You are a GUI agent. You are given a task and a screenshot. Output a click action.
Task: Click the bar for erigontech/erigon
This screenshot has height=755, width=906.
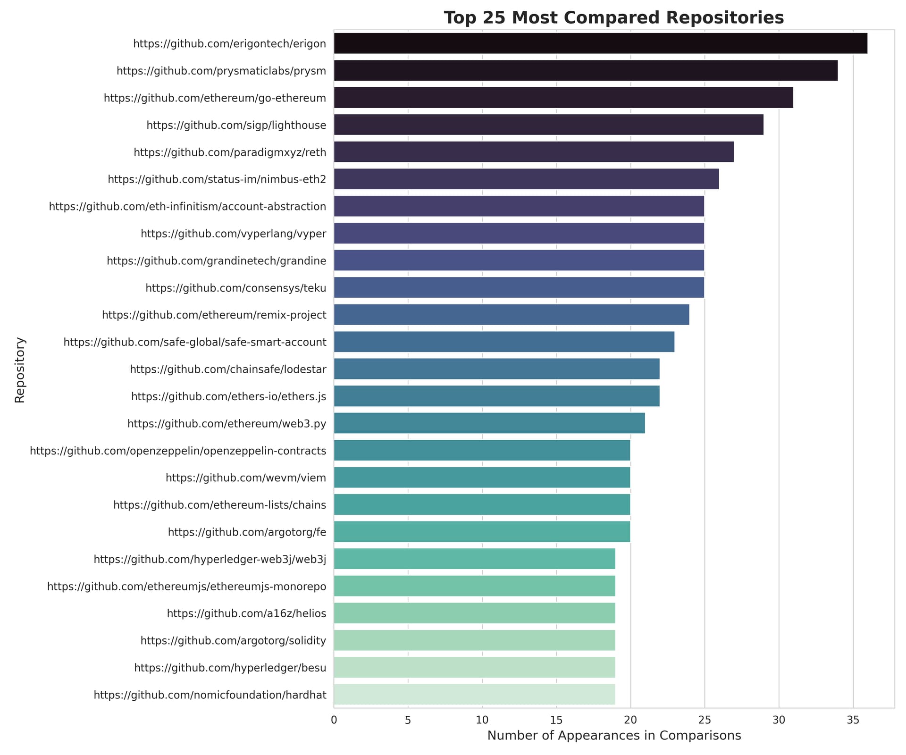pyautogui.click(x=600, y=43)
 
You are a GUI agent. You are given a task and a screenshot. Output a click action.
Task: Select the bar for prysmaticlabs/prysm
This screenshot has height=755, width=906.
pyautogui.click(x=586, y=70)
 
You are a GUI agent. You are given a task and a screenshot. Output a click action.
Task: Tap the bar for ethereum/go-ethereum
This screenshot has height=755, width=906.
pyautogui.click(x=563, y=98)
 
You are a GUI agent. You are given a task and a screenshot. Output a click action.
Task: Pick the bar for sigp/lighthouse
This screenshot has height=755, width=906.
pyautogui.click(x=548, y=125)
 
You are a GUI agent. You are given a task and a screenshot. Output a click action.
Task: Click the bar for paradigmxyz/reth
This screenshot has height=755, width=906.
pyautogui.click(x=534, y=152)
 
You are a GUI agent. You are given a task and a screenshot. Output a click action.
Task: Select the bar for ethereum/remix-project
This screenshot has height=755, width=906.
pyautogui.click(x=512, y=315)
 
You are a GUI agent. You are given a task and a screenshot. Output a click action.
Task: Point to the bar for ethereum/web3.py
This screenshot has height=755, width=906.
pyautogui.click(x=489, y=423)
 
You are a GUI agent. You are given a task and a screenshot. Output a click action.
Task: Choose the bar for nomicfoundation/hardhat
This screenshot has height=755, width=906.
pyautogui.click(x=474, y=695)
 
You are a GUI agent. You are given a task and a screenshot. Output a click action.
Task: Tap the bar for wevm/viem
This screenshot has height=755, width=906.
pyautogui.click(x=482, y=478)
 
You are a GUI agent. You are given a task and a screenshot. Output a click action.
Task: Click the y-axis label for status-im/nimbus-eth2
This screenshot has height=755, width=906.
pyautogui.click(x=217, y=179)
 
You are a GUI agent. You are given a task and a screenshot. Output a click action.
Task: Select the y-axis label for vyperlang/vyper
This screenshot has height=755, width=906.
pyautogui.click(x=234, y=234)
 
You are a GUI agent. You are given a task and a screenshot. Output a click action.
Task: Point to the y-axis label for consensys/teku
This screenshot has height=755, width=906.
pyautogui.click(x=236, y=288)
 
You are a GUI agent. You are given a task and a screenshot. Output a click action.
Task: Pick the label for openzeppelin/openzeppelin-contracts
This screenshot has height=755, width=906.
pyautogui.click(x=178, y=451)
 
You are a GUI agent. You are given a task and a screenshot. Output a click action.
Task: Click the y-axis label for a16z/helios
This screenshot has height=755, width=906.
pyautogui.click(x=246, y=613)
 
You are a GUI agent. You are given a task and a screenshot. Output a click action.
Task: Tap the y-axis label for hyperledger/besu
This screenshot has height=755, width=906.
pyautogui.click(x=230, y=668)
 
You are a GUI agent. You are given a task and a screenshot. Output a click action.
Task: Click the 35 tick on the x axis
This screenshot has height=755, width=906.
pyautogui.click(x=853, y=721)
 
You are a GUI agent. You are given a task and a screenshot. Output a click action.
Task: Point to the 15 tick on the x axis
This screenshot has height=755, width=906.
pyautogui.click(x=556, y=721)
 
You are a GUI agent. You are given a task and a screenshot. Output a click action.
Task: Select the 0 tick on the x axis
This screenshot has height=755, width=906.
pyautogui.click(x=334, y=721)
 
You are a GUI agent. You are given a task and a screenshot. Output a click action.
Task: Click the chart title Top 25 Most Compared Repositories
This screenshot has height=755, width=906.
pyautogui.click(x=614, y=18)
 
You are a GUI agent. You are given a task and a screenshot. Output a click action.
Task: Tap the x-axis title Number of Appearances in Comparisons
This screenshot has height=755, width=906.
pyautogui.click(x=614, y=736)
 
